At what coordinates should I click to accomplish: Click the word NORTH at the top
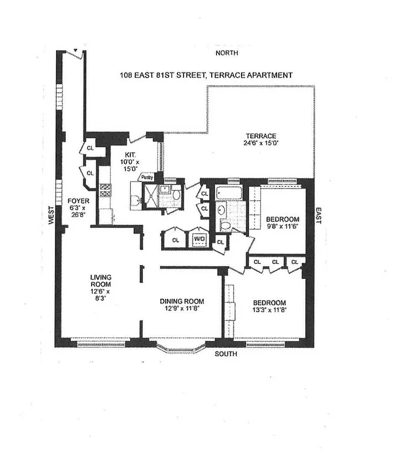click(x=228, y=53)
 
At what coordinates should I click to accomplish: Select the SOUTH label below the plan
click(x=226, y=354)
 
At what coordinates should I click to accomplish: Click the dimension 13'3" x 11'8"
click(x=269, y=310)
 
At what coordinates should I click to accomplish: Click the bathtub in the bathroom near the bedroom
click(x=230, y=192)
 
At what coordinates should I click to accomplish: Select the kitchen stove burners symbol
click(x=105, y=190)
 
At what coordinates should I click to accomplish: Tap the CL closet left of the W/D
click(x=175, y=239)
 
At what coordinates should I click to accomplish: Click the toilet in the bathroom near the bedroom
click(x=225, y=225)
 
